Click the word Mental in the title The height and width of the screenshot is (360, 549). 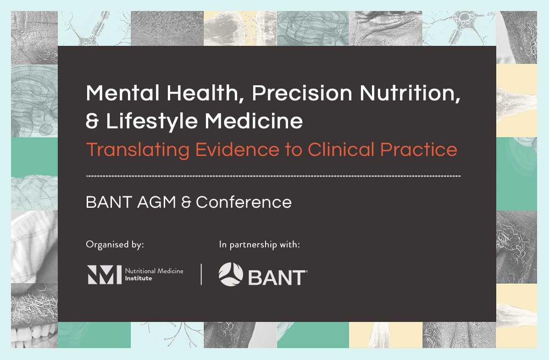tap(122, 93)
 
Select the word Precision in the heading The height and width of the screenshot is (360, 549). tap(302, 93)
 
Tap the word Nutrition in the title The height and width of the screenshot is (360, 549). tap(410, 94)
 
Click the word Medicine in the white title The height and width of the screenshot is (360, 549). tap(254, 121)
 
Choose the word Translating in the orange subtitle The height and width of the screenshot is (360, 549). tap(138, 150)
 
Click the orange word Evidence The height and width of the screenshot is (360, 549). tap(237, 150)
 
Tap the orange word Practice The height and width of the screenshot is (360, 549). tap(419, 150)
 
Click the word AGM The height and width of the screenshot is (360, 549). tap(156, 202)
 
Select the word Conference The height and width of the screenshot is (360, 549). tap(244, 202)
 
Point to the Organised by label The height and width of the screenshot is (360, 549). tap(115, 244)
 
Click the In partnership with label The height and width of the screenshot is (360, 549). tap(260, 244)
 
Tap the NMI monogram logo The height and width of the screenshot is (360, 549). tap(104, 275)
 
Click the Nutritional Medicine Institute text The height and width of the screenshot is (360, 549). tap(154, 275)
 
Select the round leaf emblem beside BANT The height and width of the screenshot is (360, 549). tap(231, 274)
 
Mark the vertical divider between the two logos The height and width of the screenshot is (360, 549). tap(201, 274)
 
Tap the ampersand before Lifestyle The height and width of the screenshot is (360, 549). tap(92, 121)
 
